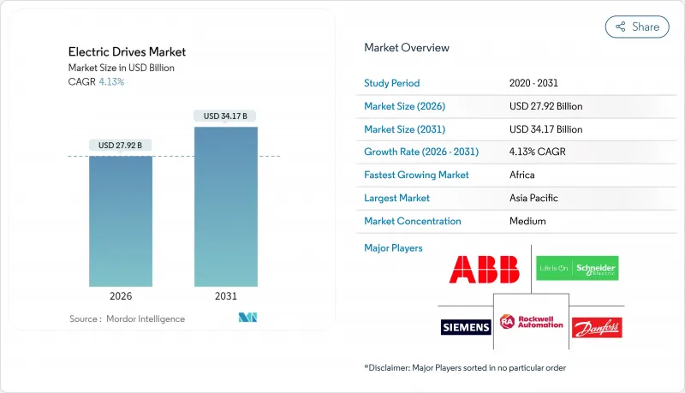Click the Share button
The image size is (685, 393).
(637, 27)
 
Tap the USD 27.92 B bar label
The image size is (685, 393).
(121, 146)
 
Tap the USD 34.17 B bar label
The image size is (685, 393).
(226, 116)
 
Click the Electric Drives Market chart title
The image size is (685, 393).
(128, 52)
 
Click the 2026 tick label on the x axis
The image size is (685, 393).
(121, 295)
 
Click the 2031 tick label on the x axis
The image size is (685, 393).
(226, 295)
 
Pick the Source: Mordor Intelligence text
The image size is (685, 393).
(127, 319)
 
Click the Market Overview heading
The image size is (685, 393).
(406, 48)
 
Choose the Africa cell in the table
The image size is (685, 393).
(521, 175)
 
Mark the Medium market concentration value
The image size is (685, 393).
(527, 221)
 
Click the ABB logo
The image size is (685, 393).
(484, 270)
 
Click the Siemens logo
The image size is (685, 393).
(466, 327)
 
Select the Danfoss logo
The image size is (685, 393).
(596, 327)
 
